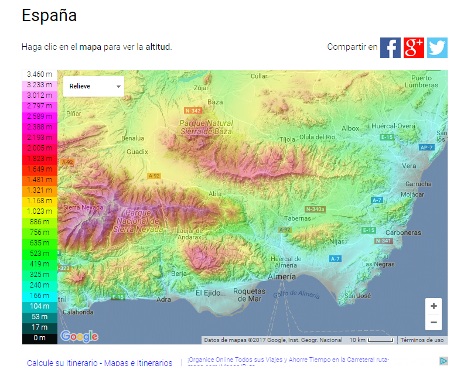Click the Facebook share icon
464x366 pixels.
(390, 47)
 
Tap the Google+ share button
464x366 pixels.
(414, 47)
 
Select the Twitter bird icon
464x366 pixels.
(437, 47)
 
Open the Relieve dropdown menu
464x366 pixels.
(94, 86)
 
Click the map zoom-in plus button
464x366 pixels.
(434, 306)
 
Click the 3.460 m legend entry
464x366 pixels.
(40, 74)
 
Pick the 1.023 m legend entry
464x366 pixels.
(40, 211)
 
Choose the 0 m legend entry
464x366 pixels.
(40, 338)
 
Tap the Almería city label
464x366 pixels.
(282, 276)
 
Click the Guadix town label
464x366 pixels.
(138, 152)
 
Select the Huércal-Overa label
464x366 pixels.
(393, 126)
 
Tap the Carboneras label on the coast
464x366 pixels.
(403, 232)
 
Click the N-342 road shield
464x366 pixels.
(193, 110)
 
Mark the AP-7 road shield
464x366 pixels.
(426, 148)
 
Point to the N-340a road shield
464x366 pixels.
(315, 209)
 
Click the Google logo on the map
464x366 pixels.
(79, 336)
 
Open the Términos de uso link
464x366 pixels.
(422, 340)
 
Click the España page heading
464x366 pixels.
(49, 16)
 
